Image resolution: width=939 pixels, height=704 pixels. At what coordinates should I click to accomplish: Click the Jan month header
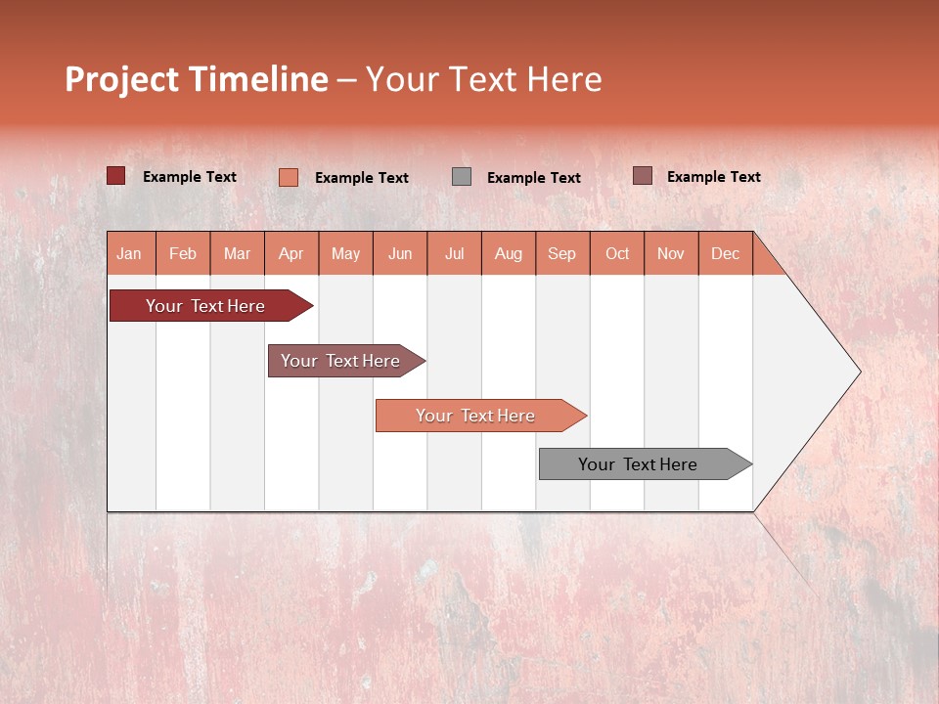pyautogui.click(x=130, y=253)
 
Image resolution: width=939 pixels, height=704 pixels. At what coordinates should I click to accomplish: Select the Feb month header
pyautogui.click(x=183, y=253)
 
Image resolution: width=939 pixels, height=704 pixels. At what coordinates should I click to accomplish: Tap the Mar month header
pyautogui.click(x=237, y=253)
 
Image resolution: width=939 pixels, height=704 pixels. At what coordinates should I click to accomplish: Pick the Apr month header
pyautogui.click(x=291, y=253)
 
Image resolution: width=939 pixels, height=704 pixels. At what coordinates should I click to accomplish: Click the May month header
pyautogui.click(x=345, y=253)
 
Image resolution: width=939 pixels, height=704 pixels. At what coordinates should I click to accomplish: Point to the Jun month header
pyautogui.click(x=400, y=253)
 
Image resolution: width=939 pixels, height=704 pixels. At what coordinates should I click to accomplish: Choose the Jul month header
pyautogui.click(x=454, y=253)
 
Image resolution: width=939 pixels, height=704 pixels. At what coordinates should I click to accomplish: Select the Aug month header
pyautogui.click(x=509, y=253)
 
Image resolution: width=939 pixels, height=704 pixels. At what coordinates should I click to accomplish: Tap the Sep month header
pyautogui.click(x=562, y=253)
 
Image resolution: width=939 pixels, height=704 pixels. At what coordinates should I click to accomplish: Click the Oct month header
pyautogui.click(x=617, y=253)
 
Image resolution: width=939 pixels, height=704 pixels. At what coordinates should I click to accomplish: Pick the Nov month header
pyautogui.click(x=671, y=253)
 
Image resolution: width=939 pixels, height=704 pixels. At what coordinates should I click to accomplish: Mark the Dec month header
pyautogui.click(x=726, y=253)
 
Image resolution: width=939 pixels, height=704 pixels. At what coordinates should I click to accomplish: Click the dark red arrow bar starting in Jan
pyautogui.click(x=206, y=306)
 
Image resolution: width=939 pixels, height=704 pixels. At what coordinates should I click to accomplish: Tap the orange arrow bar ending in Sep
pyautogui.click(x=476, y=416)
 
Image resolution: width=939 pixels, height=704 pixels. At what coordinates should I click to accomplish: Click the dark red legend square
pyautogui.click(x=115, y=176)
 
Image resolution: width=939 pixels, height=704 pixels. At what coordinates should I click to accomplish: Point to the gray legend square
pyautogui.click(x=462, y=177)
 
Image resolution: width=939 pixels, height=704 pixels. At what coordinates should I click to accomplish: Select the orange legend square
pyautogui.click(x=289, y=177)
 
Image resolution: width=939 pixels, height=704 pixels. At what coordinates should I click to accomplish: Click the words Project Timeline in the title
pyautogui.click(x=197, y=79)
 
